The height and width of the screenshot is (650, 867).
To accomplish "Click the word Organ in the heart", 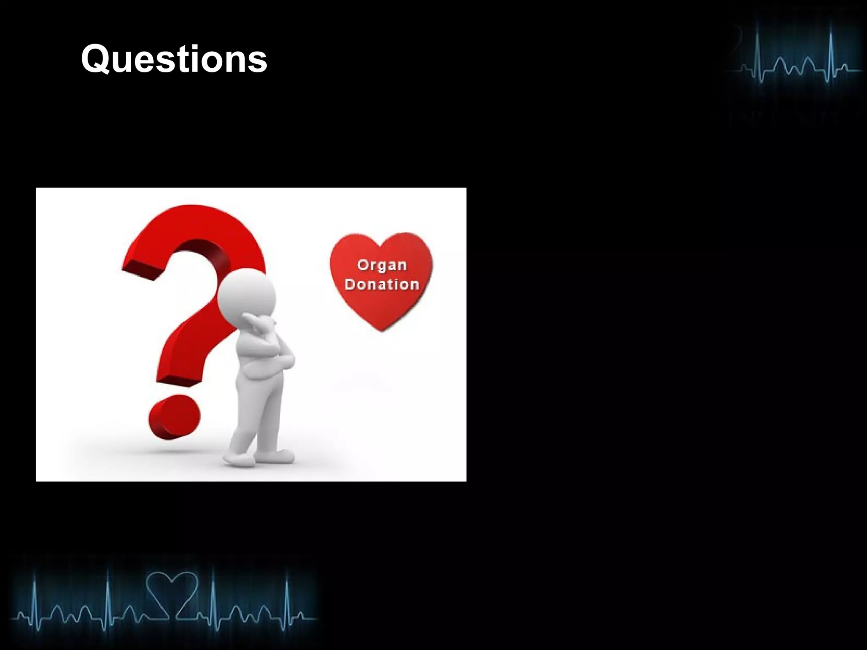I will (381, 265).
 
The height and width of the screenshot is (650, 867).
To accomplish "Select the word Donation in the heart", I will (381, 284).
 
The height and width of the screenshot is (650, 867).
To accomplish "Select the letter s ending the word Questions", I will (258, 62).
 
